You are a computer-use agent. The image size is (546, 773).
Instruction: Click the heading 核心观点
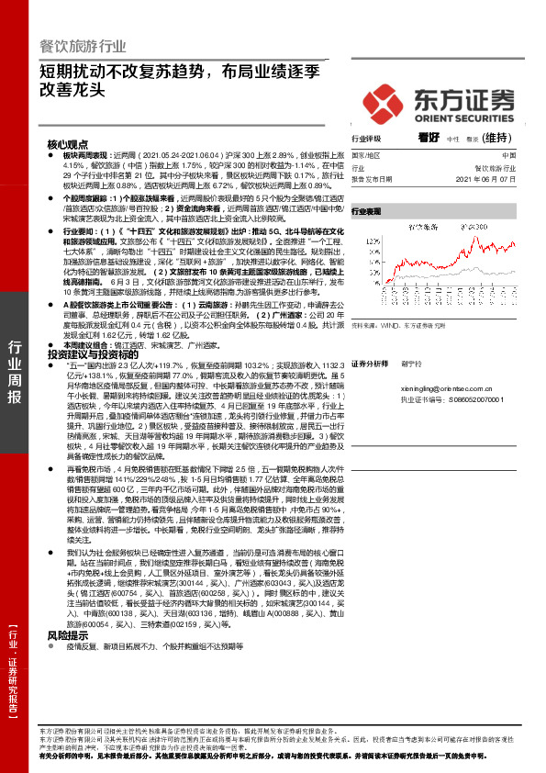pos(68,145)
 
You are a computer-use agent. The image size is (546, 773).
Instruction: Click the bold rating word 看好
pos(428,139)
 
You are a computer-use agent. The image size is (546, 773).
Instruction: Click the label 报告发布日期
pos(372,179)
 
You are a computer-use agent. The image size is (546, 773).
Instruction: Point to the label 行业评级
pos(367,140)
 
